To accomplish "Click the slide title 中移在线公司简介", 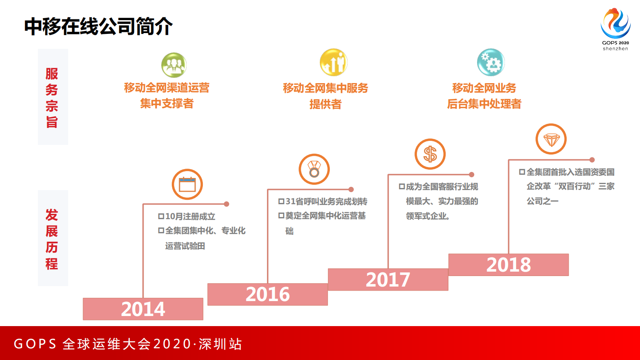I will click(98, 27).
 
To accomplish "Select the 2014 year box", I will click(143, 309).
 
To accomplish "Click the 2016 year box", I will click(267, 294).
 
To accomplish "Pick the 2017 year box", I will click(388, 280).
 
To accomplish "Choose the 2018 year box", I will click(509, 265).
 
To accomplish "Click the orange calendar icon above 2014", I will click(187, 184).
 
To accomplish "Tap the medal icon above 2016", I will click(314, 169).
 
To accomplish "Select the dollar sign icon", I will click(430, 154).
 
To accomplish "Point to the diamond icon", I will click(551, 139).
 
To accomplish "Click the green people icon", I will click(174, 65).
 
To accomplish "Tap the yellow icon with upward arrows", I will click(334, 63).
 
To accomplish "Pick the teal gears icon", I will click(491, 63).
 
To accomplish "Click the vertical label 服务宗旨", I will click(52, 98).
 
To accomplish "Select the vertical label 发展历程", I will click(52, 239).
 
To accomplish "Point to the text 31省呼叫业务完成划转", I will click(326, 201).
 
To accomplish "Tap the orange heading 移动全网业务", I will click(484, 88).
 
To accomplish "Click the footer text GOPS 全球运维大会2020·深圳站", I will click(128, 344).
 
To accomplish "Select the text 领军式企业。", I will click(428, 216).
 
